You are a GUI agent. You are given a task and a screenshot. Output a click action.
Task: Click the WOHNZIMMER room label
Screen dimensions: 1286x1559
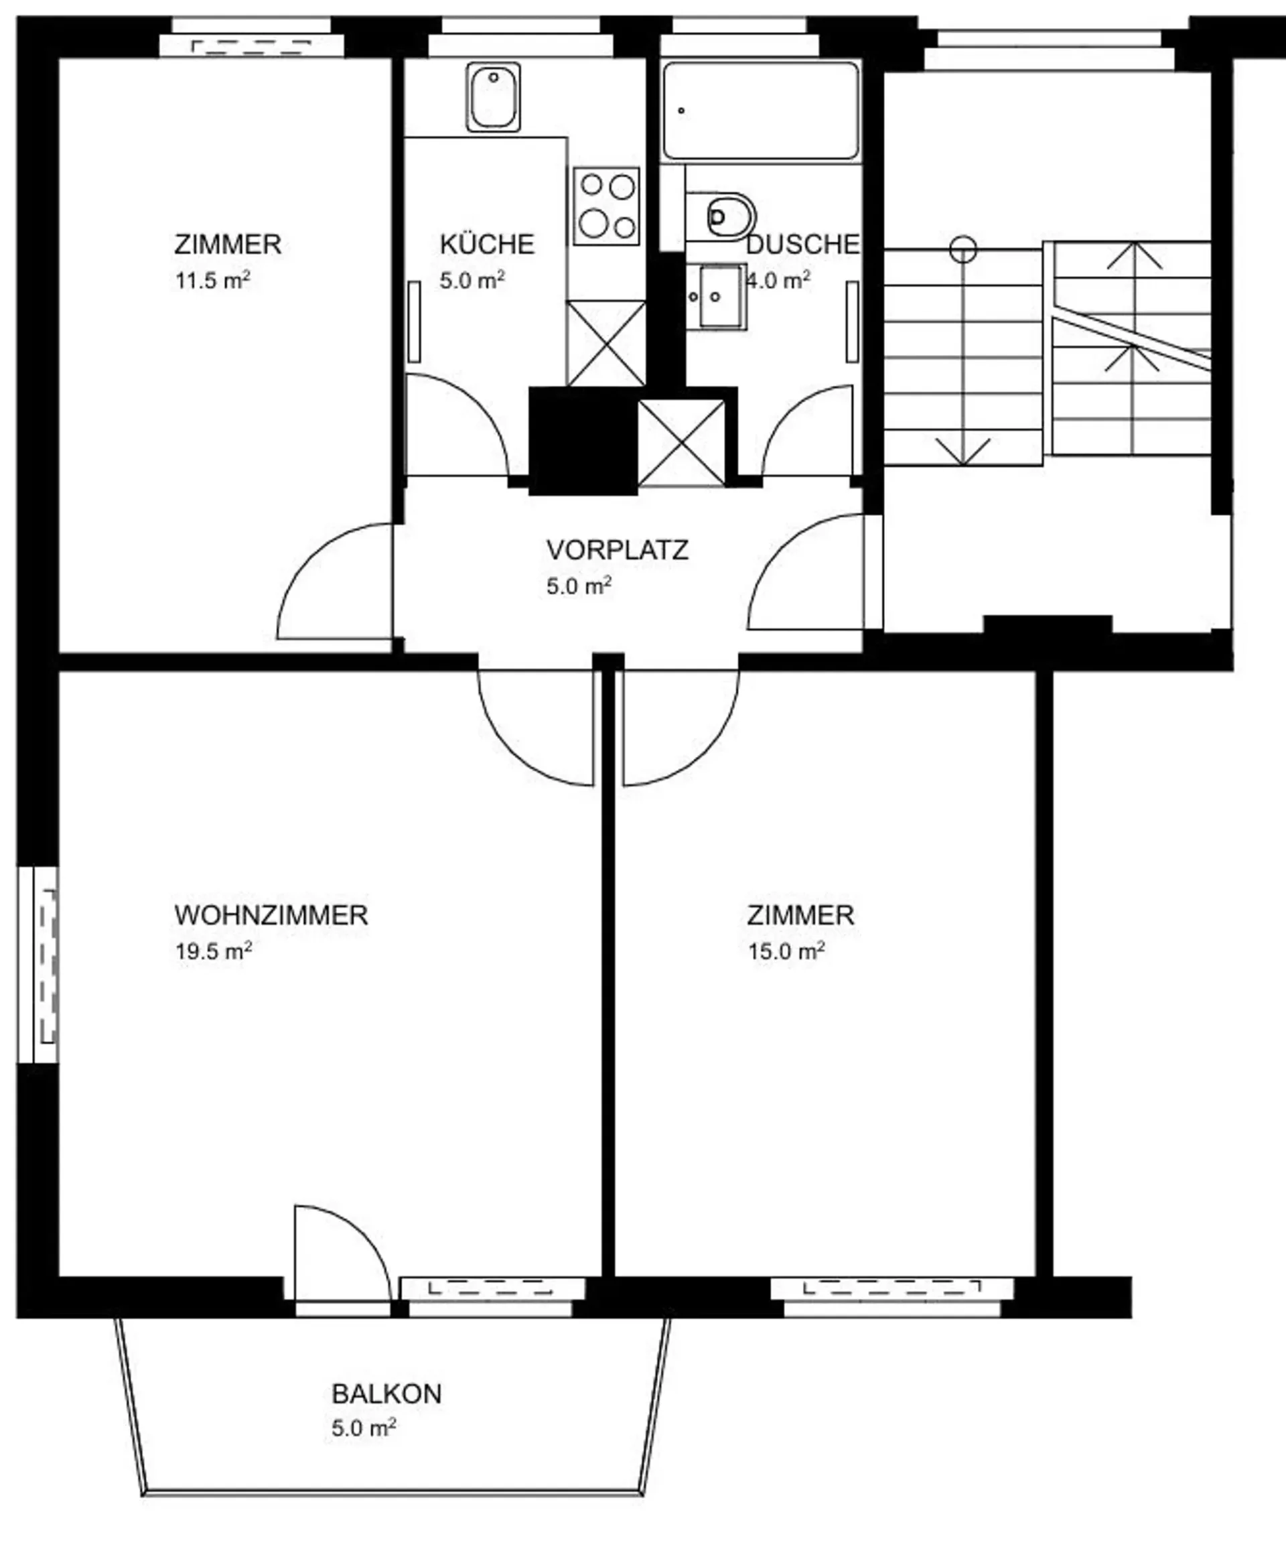tap(271, 915)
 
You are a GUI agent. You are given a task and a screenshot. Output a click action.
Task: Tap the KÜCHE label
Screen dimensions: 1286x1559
tap(487, 244)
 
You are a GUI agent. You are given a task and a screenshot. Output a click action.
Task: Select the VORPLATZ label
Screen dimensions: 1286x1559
tap(617, 550)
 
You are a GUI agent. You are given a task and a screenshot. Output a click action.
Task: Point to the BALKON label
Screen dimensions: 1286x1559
tap(386, 1394)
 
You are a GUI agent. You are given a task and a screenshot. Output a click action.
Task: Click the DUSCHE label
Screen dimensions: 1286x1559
tap(803, 245)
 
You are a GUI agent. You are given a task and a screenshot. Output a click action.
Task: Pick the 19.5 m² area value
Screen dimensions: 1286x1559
tap(214, 951)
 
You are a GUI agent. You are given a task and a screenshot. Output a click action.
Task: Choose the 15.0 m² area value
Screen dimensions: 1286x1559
tap(786, 951)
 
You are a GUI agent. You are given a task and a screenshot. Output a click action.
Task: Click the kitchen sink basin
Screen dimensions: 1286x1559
tap(494, 97)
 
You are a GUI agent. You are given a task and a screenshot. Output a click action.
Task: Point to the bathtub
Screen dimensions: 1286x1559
tap(761, 111)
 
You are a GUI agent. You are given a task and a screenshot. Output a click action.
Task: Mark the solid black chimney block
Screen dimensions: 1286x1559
tap(583, 441)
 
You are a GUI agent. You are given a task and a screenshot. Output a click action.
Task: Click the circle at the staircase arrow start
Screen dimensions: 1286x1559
tap(963, 249)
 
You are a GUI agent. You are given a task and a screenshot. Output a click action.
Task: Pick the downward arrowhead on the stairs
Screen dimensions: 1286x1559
tap(962, 452)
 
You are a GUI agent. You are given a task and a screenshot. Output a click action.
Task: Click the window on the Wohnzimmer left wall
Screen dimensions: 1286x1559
tap(38, 964)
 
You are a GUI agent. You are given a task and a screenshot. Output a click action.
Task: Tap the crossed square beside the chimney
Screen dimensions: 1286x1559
tap(682, 442)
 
